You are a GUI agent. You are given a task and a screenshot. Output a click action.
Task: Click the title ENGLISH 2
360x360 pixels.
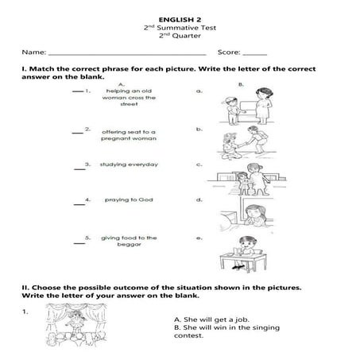pyautogui.click(x=179, y=17)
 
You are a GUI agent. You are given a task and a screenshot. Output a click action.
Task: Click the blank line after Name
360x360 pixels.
pyautogui.click(x=127, y=52)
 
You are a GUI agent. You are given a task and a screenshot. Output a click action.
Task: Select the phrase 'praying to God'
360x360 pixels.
pyautogui.click(x=128, y=199)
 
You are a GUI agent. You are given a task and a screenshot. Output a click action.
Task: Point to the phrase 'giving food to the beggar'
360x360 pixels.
pyautogui.click(x=128, y=241)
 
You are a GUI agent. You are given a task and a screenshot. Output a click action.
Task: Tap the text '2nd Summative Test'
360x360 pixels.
pyautogui.click(x=179, y=27)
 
